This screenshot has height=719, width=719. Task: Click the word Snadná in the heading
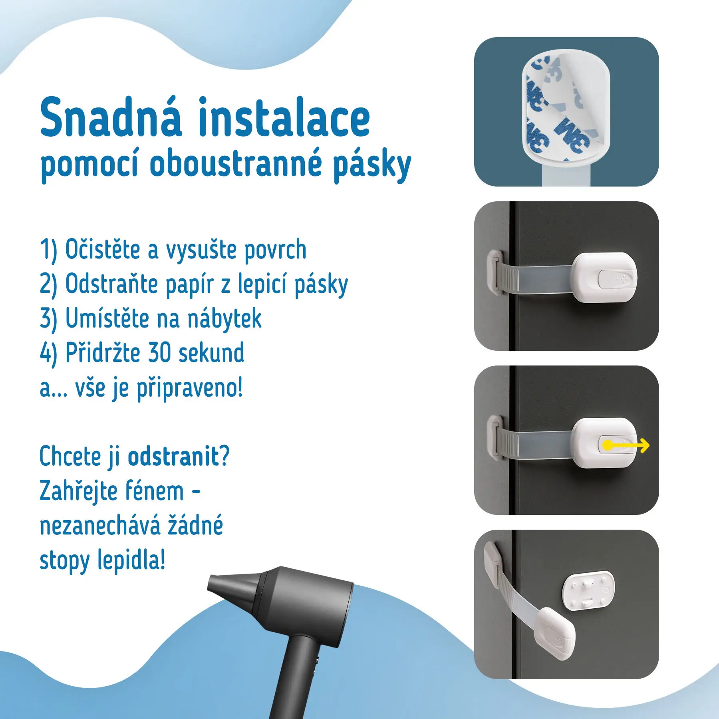(x=111, y=118)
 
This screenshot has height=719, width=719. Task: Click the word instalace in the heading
(x=284, y=118)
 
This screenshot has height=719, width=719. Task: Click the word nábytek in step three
(x=224, y=319)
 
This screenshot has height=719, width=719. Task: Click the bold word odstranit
(x=174, y=456)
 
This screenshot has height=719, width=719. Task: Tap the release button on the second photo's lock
(x=616, y=278)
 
